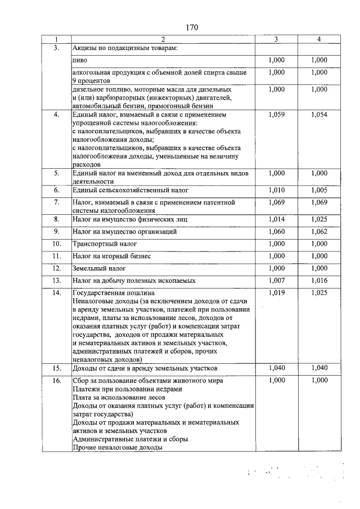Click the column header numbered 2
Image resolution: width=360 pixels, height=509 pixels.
(x=163, y=39)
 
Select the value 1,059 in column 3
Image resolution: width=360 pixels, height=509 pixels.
(x=277, y=115)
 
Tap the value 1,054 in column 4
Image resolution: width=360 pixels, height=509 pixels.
(x=319, y=115)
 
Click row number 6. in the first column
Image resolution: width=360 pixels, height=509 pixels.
(x=56, y=192)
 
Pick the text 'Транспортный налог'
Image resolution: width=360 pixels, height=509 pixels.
(x=105, y=244)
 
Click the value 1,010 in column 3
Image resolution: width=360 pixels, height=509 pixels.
(x=277, y=192)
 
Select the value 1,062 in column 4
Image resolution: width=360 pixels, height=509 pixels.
(x=319, y=231)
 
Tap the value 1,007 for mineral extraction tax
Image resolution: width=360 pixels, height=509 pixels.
(x=277, y=280)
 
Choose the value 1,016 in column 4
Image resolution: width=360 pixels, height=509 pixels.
(x=319, y=280)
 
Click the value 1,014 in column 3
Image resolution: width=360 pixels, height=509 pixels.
(x=277, y=218)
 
